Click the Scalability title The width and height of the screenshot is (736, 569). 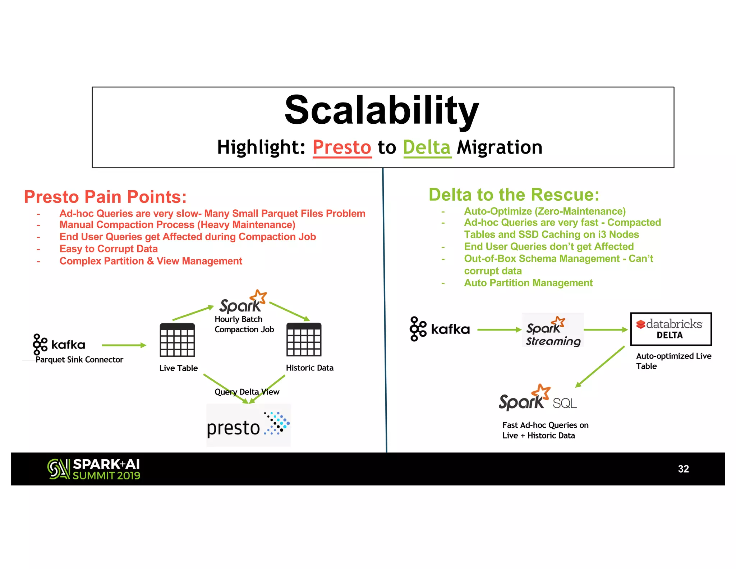tap(382, 110)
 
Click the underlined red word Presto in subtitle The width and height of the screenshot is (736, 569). tap(342, 147)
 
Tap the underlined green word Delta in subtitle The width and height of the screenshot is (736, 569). tap(427, 147)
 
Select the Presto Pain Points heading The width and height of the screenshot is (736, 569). tap(105, 197)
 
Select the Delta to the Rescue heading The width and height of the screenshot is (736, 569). tap(514, 195)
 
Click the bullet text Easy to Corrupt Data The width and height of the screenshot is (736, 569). tap(109, 249)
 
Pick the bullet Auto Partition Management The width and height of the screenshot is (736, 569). tap(528, 283)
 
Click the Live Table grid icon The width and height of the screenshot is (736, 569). tap(178, 340)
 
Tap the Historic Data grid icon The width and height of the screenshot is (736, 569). tap(304, 340)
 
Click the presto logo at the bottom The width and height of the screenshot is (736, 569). tap(248, 425)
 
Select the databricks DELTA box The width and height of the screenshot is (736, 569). tap(671, 329)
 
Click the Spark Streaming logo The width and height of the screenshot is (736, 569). tap(553, 330)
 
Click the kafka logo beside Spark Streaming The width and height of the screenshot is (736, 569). tap(439, 329)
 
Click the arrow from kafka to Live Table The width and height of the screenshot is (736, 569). tap(124, 345)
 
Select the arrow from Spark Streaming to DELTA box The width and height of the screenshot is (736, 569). tap(606, 330)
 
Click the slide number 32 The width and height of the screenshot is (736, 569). tap(683, 469)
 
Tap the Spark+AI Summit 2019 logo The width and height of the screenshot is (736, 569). tap(94, 469)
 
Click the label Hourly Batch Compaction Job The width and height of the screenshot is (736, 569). tap(244, 324)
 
